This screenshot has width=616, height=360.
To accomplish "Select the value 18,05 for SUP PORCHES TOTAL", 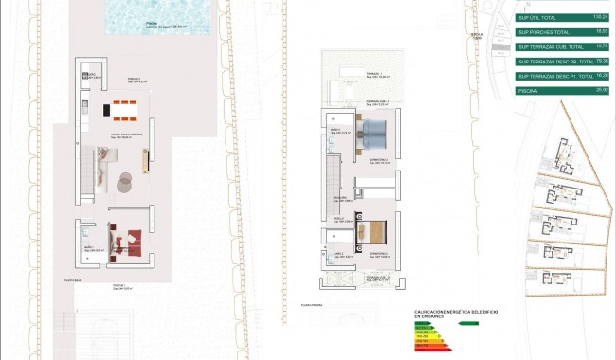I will coord(600,31).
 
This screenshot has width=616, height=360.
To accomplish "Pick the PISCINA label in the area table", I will coord(529,90).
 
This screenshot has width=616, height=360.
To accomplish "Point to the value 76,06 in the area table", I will coord(600,61).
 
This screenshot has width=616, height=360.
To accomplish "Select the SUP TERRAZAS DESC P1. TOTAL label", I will coord(552,76).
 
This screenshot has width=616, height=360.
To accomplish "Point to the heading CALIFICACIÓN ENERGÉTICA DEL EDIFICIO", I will coord(456,312).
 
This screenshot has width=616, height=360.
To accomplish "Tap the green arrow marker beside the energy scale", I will coord(467,323).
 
